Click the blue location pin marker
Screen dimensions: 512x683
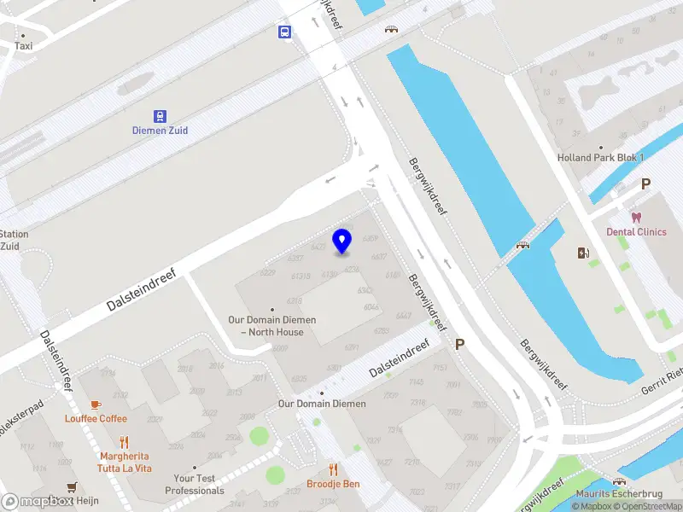click(x=342, y=241)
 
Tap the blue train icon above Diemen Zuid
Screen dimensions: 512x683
click(x=160, y=116)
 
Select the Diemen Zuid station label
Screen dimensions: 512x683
click(x=160, y=131)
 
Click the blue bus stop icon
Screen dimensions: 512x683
click(x=283, y=32)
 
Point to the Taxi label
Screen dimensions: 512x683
click(x=23, y=46)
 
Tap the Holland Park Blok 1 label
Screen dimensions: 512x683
click(x=600, y=158)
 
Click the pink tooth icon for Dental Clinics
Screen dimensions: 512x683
click(x=636, y=218)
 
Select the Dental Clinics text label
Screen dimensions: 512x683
click(x=636, y=231)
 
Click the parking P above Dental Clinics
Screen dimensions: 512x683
click(x=645, y=183)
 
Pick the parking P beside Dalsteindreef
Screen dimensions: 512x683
click(x=460, y=345)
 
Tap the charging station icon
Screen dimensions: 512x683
click(x=584, y=253)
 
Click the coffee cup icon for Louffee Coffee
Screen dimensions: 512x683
click(x=96, y=404)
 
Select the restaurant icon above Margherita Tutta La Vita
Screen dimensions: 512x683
click(x=125, y=442)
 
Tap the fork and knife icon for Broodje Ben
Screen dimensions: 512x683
click(x=333, y=470)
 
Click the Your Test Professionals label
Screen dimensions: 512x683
click(x=195, y=485)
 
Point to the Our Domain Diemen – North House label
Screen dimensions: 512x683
click(x=271, y=326)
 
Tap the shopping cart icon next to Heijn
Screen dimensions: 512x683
click(x=73, y=487)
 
